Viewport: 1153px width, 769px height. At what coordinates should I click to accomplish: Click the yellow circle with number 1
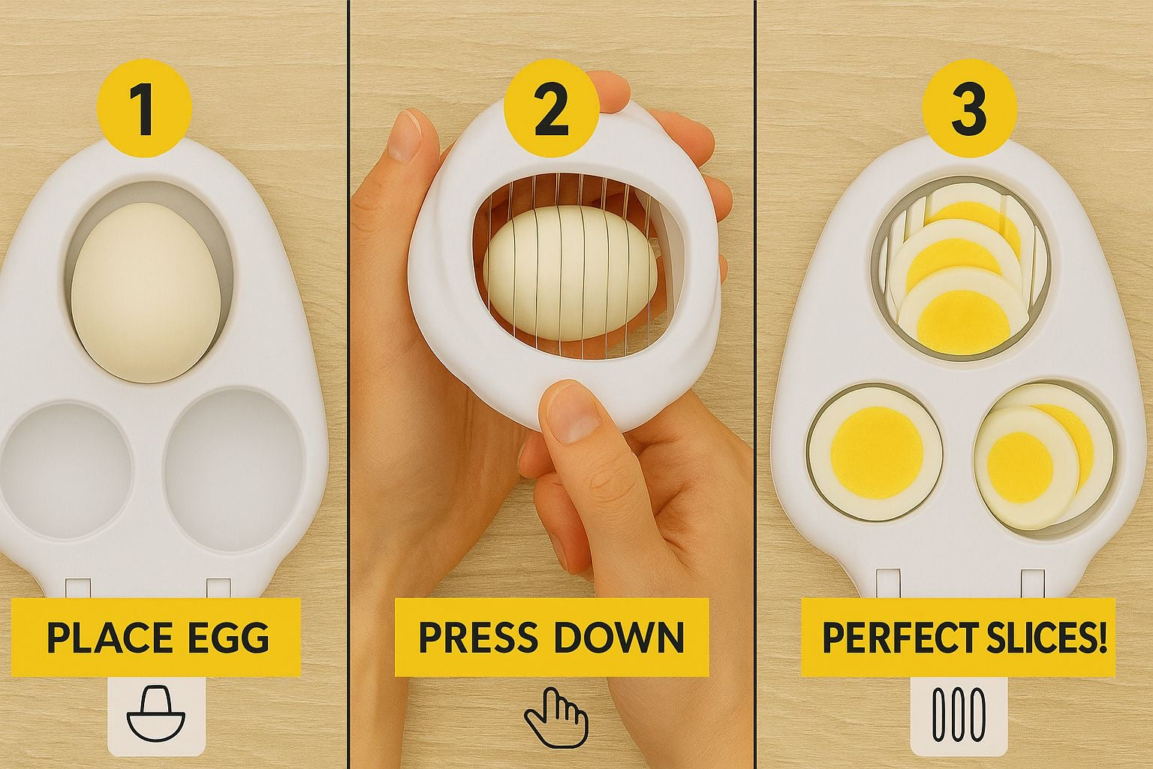coord(145,109)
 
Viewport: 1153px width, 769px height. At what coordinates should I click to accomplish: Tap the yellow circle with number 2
coord(552,109)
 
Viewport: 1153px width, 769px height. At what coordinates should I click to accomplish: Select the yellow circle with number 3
coord(970,109)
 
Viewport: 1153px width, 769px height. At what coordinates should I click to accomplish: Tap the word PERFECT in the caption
coord(899,638)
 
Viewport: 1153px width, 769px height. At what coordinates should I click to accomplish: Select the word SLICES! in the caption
coord(1042,638)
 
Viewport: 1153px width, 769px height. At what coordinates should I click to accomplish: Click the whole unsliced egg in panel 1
coord(146,292)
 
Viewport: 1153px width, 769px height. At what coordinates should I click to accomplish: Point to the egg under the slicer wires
coord(570,273)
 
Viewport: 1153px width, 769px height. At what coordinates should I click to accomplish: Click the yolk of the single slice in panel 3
coord(877,452)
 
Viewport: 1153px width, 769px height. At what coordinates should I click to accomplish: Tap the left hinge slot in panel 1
coord(78,589)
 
